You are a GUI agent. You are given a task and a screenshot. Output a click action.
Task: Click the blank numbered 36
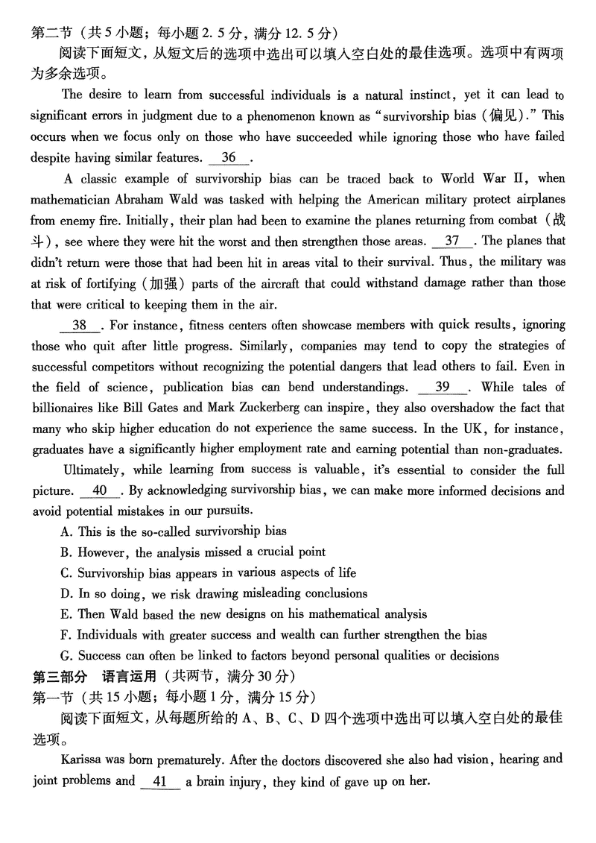[229, 157]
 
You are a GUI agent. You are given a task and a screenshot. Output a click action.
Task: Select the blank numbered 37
[452, 241]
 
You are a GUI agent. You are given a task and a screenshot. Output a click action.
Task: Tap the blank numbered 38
[79, 325]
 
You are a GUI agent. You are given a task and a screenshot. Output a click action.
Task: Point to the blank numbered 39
[442, 387]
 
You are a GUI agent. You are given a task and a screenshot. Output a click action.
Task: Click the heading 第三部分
[56, 677]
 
